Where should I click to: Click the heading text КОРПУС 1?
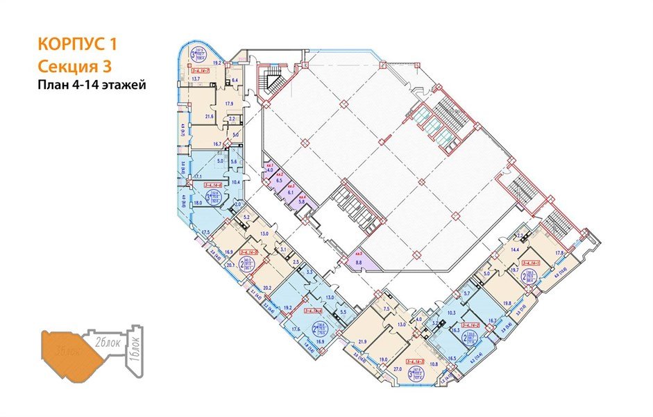pos(76,45)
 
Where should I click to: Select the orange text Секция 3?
pos(73,66)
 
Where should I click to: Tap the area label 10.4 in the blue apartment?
pos(235,182)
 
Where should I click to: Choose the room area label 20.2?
pos(266,286)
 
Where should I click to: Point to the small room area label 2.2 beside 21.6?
pos(234,120)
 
